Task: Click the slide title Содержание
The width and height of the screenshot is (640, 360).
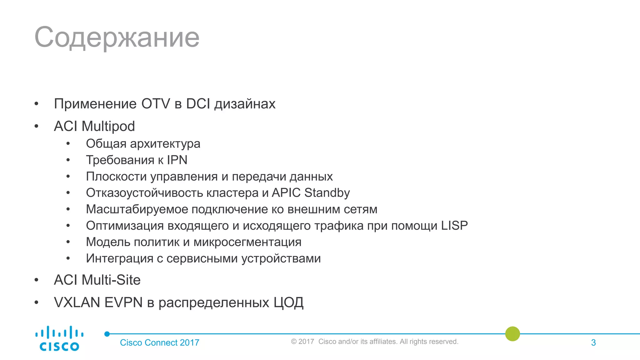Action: click(x=117, y=37)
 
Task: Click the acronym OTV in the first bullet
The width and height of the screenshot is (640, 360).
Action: click(x=156, y=104)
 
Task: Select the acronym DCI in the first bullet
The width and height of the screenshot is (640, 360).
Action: click(x=198, y=104)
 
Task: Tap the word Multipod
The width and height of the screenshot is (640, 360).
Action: click(x=108, y=126)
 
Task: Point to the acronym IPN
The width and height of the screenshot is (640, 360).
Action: click(x=177, y=160)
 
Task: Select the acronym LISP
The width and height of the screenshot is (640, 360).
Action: click(x=454, y=226)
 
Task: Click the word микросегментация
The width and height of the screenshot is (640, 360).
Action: click(x=247, y=242)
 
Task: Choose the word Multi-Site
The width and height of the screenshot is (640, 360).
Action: click(x=111, y=280)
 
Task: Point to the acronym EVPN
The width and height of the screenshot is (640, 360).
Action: click(x=123, y=302)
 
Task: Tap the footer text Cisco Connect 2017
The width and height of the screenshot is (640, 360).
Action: click(x=159, y=342)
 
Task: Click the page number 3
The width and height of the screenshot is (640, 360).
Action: click(x=593, y=342)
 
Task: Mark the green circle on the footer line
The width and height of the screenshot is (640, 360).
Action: click(x=512, y=334)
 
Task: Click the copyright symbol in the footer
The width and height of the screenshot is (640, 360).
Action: click(x=294, y=342)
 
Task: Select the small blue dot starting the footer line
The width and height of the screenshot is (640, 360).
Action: click(x=107, y=334)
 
